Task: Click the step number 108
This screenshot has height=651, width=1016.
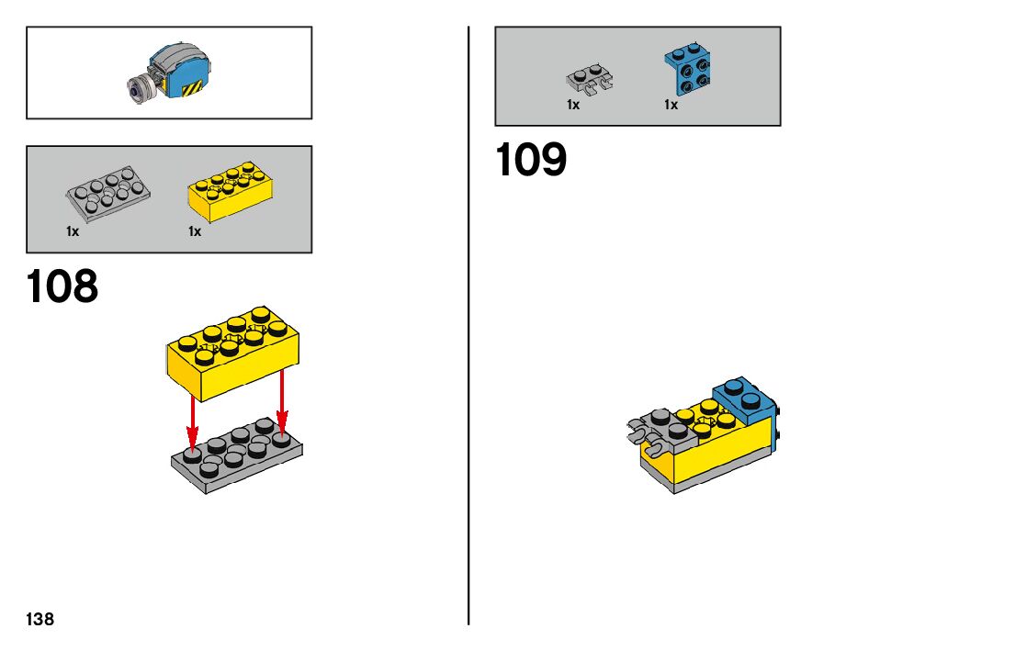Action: (x=62, y=286)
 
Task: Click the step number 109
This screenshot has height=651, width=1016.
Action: (x=531, y=160)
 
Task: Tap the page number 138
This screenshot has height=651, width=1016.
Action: (x=40, y=620)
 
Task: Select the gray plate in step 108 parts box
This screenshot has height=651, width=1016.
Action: (x=109, y=193)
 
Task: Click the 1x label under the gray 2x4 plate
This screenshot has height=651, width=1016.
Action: (x=73, y=231)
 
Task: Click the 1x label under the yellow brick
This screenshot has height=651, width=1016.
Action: (x=195, y=231)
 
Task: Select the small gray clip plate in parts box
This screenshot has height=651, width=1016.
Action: (x=590, y=81)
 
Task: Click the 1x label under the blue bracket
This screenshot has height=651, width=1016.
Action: (x=672, y=105)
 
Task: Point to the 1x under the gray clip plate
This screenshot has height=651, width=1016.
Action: (x=573, y=105)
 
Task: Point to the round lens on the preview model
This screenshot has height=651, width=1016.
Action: (x=138, y=89)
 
